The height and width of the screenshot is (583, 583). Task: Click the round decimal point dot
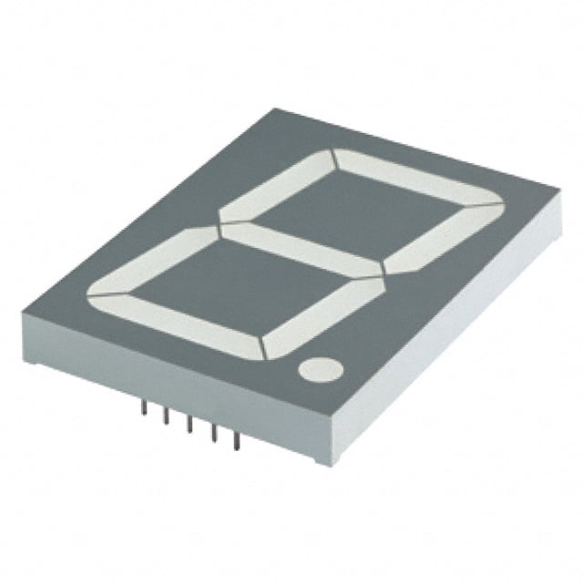coord(319,369)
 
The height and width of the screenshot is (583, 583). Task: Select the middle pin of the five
coord(190,426)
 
